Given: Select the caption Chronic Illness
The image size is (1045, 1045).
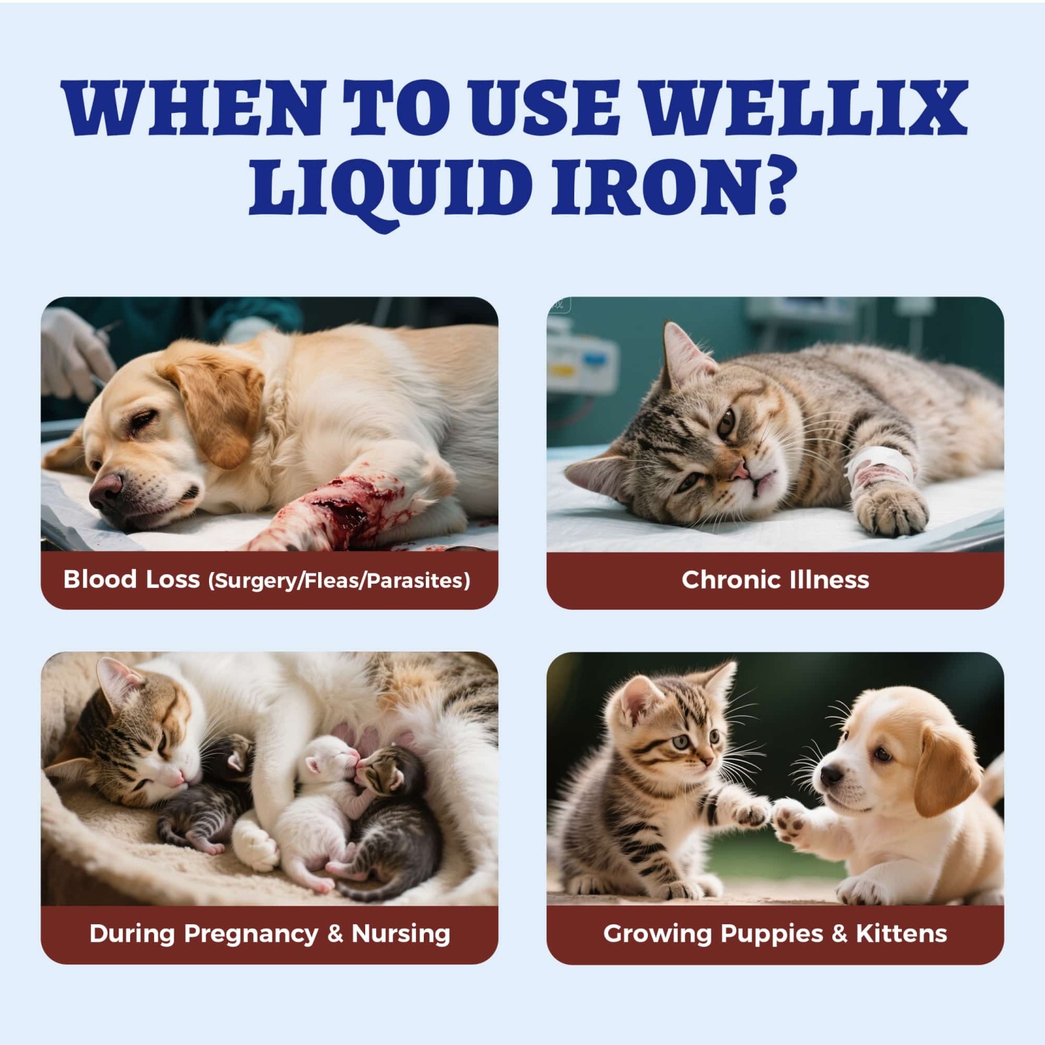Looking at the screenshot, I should (x=775, y=580).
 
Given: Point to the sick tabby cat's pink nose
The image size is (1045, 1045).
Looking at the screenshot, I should (x=738, y=471).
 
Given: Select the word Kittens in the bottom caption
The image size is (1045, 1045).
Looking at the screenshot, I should (x=901, y=934).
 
